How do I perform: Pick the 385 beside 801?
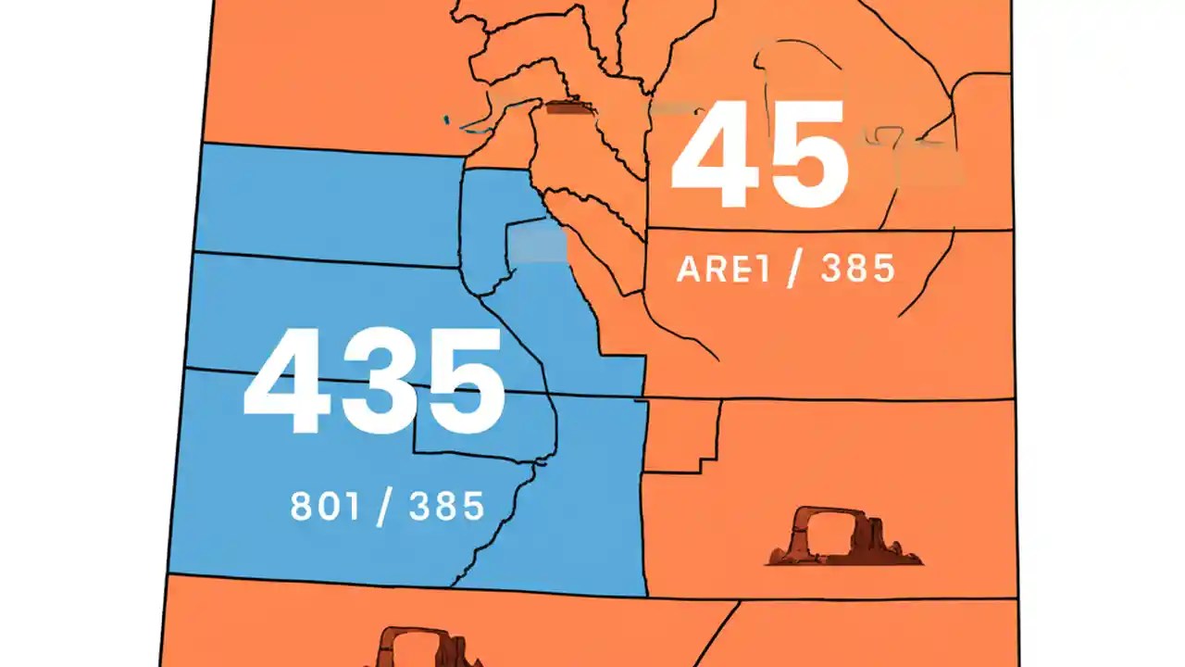pyautogui.click(x=446, y=506)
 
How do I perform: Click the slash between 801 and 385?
pyautogui.click(x=382, y=508)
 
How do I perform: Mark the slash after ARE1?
pyautogui.click(x=793, y=270)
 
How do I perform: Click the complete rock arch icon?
pyautogui.click(x=842, y=537)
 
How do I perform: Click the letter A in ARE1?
pyautogui.click(x=690, y=269)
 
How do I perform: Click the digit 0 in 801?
pyautogui.click(x=326, y=506)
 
